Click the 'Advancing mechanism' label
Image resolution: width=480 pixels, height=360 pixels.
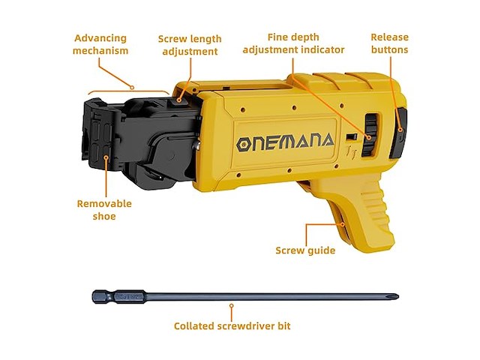[101, 44]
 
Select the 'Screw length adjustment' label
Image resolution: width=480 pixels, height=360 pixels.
[187, 44]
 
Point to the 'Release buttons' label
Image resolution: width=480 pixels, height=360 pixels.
[389, 43]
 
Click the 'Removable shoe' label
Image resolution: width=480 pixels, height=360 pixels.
[104, 210]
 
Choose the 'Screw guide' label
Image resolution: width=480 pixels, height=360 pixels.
[305, 250]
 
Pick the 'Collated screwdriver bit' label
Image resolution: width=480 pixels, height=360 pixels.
[232, 326]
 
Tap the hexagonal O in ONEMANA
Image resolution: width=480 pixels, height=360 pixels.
[243, 144]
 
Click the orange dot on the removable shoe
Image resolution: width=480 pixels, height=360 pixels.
[106, 158]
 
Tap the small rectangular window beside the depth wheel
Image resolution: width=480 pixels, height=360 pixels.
[350, 137]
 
